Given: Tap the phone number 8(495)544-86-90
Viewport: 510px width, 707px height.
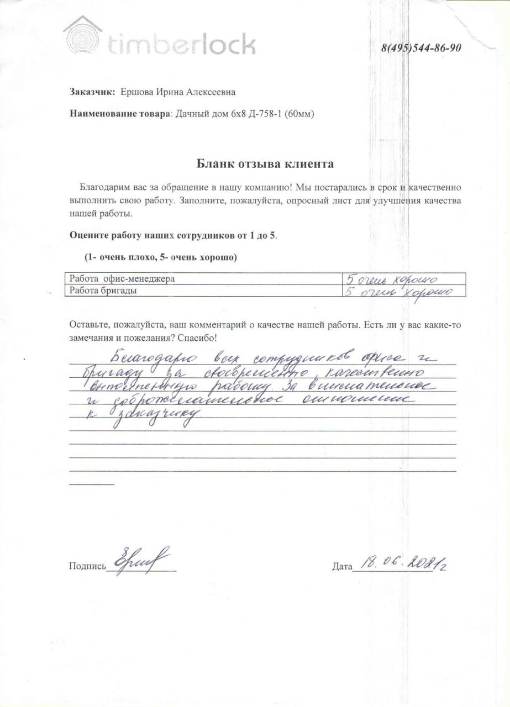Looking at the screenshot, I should (x=421, y=48).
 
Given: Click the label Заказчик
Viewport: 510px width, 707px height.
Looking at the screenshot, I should (x=92, y=92).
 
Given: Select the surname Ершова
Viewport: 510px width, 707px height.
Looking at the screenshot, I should (x=136, y=92).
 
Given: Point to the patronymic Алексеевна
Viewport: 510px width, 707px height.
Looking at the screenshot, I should (x=213, y=92).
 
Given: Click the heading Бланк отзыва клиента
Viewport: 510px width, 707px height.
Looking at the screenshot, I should (x=265, y=163).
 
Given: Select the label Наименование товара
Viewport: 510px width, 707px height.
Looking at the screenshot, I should (x=121, y=114).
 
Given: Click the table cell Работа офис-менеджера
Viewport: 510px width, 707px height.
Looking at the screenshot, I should (x=120, y=278).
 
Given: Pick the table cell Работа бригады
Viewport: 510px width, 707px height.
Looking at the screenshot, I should (x=101, y=291).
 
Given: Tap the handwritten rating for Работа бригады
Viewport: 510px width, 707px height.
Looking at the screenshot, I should (x=398, y=292).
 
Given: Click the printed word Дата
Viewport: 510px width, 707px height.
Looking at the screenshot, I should (x=342, y=566).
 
